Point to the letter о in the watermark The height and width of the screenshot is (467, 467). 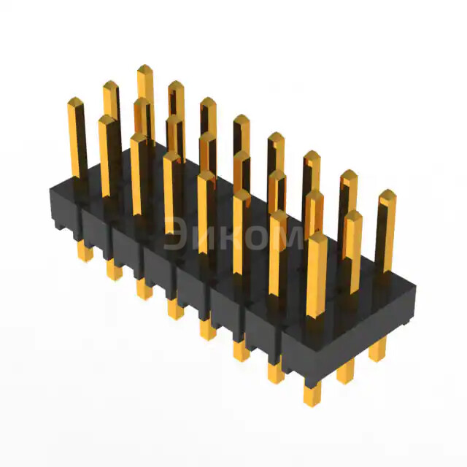pyautogui.click(x=255, y=237)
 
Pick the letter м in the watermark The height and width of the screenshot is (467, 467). pyautogui.click(x=287, y=237)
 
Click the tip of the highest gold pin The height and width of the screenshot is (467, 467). pyautogui.click(x=144, y=69)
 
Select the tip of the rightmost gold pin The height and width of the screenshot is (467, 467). pyautogui.click(x=387, y=194)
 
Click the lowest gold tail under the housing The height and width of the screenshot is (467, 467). pyautogui.click(x=312, y=394)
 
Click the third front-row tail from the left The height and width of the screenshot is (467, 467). pyautogui.click(x=143, y=289)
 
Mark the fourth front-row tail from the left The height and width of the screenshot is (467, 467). pyautogui.click(x=175, y=309)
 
